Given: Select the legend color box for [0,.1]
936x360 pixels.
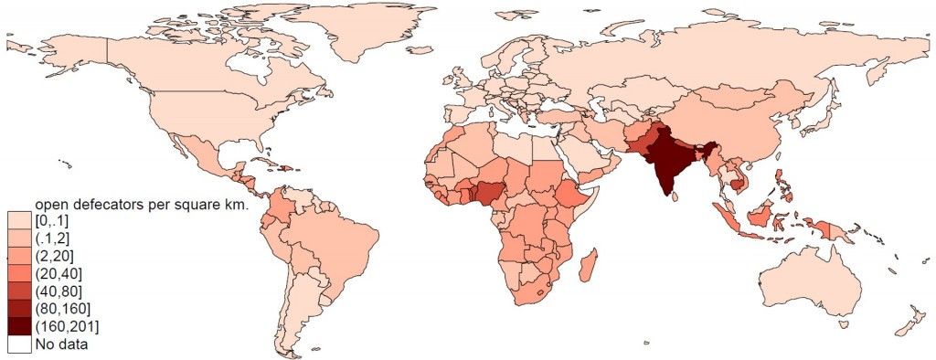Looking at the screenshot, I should pos(19,221).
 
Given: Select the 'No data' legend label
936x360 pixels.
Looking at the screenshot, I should pos(58,344).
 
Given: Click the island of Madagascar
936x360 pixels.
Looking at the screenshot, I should pos(590,266).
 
